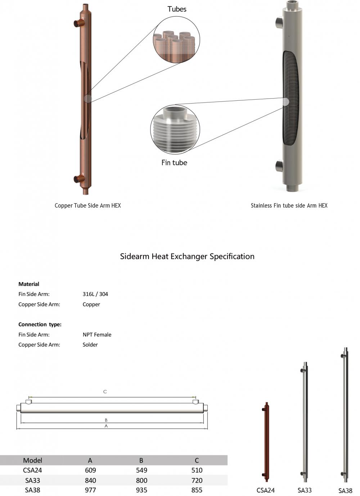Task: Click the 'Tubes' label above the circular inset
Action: (177, 9)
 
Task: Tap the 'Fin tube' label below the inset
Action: (174, 163)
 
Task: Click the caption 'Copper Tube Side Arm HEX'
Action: (88, 206)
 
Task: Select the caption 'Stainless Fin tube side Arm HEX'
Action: (289, 206)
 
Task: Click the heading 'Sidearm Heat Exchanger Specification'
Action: (187, 256)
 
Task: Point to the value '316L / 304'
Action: (95, 294)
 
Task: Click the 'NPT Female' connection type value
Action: (97, 335)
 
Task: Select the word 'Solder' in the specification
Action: (90, 345)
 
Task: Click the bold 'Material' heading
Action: (29, 284)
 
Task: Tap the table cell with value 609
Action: (90, 470)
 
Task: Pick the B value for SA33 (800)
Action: (141, 480)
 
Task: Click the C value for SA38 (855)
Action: (197, 490)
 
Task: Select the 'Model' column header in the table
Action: (32, 460)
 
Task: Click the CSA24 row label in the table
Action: (32, 470)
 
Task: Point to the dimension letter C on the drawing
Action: (105, 392)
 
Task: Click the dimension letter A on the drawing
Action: (106, 426)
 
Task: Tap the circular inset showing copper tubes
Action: (176, 40)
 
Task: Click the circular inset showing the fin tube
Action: (175, 129)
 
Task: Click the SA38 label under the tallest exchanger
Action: (345, 491)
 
